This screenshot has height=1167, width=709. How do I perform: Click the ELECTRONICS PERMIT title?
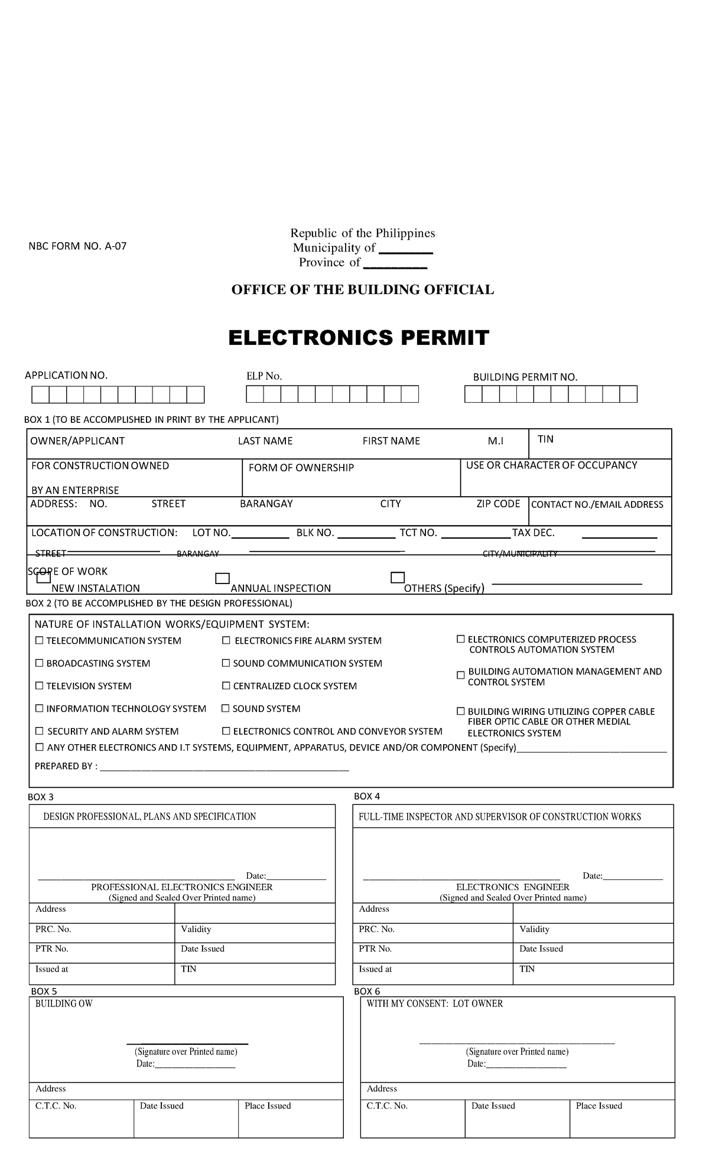[359, 338]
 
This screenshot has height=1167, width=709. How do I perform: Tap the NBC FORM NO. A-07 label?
[77, 246]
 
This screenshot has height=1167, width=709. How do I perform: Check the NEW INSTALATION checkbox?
[44, 578]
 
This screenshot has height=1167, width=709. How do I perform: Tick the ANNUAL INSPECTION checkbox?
[222, 578]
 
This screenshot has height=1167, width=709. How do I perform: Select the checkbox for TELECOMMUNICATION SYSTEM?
[40, 640]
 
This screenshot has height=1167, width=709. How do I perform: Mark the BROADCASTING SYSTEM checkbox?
[40, 663]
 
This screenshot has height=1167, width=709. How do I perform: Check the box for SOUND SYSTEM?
[225, 708]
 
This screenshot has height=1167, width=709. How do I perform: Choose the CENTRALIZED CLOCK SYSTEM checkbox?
[226, 686]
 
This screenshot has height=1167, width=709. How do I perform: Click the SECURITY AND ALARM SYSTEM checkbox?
[40, 731]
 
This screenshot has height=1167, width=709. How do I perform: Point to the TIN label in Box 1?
[545, 439]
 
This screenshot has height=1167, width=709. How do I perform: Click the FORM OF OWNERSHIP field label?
[301, 468]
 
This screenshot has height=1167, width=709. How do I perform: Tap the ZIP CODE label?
[498, 504]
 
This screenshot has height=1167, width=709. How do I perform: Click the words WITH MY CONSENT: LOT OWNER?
[434, 1003]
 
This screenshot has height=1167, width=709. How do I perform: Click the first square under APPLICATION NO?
[40, 395]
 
